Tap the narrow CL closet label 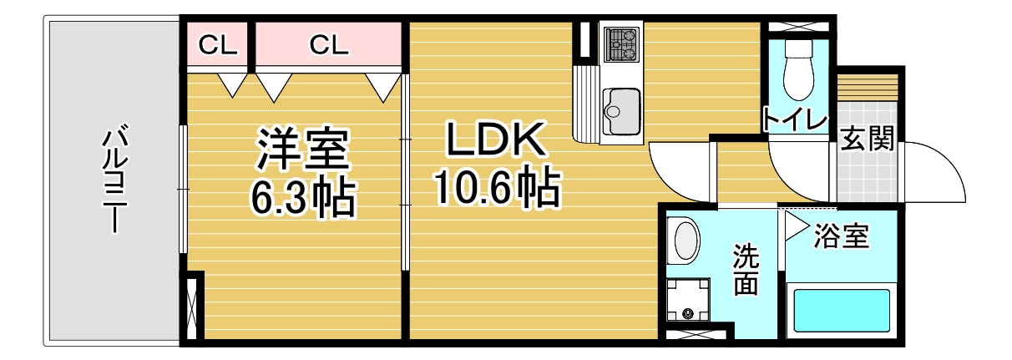(x=218, y=45)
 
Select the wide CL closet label (x=329, y=45)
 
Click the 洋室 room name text (x=303, y=150)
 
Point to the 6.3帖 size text (x=303, y=197)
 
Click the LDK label (x=494, y=139)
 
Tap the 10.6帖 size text (x=497, y=187)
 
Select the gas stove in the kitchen (x=622, y=43)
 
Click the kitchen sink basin (x=622, y=111)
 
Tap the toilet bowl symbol (x=799, y=68)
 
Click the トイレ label (x=795, y=119)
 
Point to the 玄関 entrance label (x=867, y=138)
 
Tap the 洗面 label (x=746, y=269)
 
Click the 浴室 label (x=841, y=236)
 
